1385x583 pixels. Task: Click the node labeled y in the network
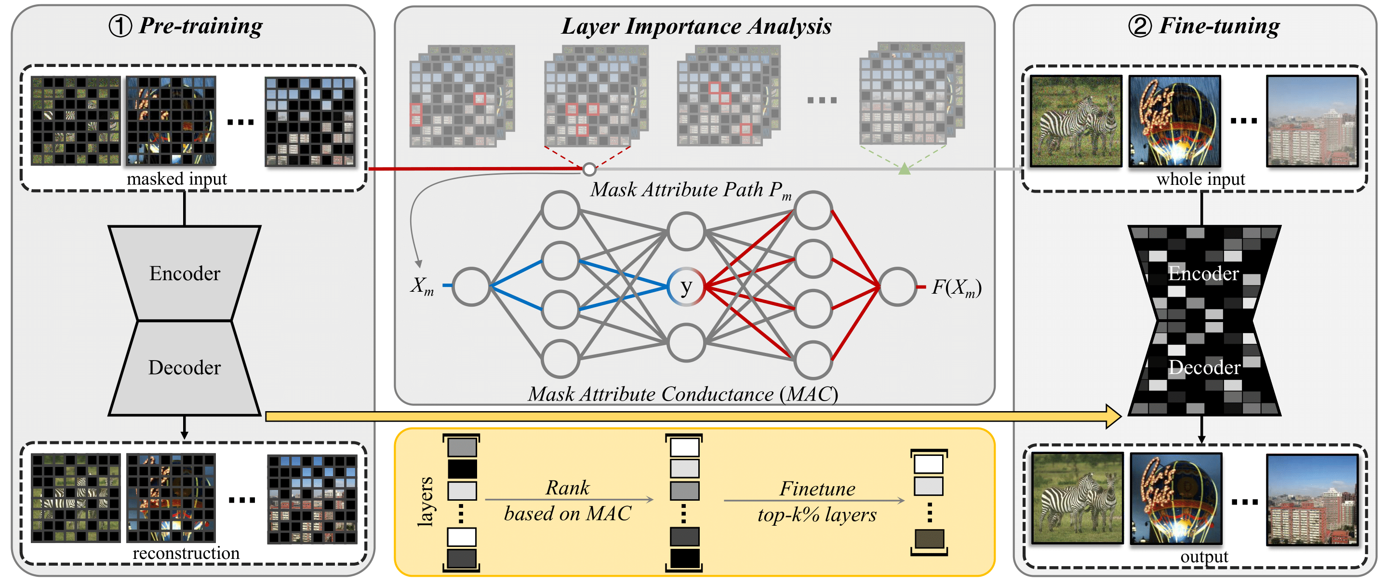tap(685, 287)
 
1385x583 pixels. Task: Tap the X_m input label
tap(422, 286)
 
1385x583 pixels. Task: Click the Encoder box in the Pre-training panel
tap(185, 273)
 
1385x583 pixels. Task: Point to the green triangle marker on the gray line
tap(905, 169)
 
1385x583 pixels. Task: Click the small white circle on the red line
tap(589, 170)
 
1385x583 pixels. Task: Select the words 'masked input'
tap(177, 179)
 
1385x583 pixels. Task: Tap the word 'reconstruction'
tap(186, 553)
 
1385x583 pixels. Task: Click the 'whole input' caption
tap(1200, 179)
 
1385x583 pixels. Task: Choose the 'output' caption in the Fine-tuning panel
tap(1204, 557)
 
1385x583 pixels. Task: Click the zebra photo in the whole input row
tap(1076, 121)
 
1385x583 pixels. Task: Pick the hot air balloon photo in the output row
tap(1175, 499)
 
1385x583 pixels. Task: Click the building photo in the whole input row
tap(1312, 121)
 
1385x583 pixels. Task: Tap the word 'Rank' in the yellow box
tap(567, 488)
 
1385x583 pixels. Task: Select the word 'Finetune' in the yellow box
tap(817, 489)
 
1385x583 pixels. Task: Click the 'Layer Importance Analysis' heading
tap(696, 26)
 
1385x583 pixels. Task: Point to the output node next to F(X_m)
tap(897, 287)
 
